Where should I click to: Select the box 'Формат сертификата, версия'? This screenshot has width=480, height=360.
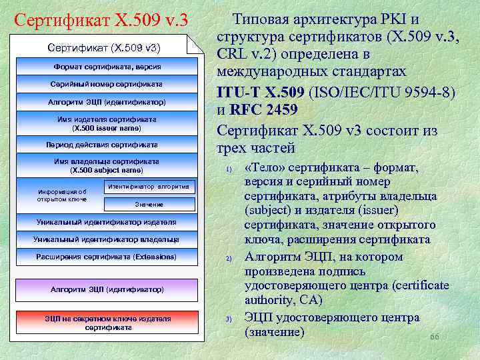[x=107, y=67]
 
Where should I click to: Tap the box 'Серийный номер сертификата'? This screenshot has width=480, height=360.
[x=107, y=84]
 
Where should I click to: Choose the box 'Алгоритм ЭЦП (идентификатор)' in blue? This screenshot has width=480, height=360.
[x=107, y=102]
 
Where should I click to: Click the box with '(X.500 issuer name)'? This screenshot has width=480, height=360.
[x=107, y=123]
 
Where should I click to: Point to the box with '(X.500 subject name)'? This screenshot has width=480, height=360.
[x=107, y=166]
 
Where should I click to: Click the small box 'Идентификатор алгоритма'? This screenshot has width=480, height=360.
[x=149, y=187]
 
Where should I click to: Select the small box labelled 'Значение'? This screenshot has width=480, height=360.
[x=149, y=204]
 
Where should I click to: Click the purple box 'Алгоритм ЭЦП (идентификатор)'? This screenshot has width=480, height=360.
[x=107, y=289]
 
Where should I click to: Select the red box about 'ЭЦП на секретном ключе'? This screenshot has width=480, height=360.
[x=107, y=323]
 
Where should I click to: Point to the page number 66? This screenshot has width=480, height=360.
[x=435, y=337]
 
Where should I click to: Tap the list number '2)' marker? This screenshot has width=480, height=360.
[x=229, y=258]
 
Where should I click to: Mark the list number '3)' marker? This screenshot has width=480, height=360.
[x=229, y=319]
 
